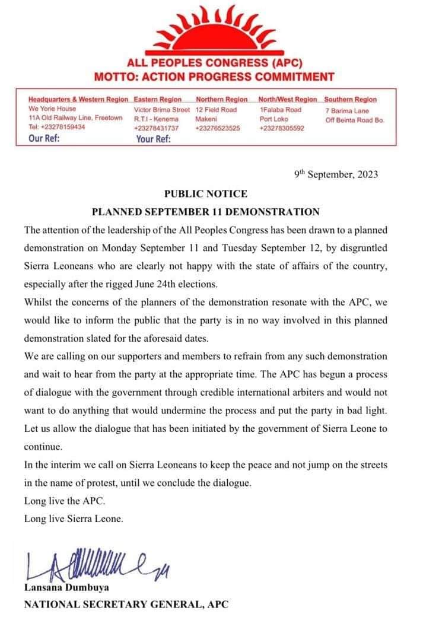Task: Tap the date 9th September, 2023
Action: tap(336, 174)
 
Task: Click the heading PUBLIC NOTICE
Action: tap(205, 193)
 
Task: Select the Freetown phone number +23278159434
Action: tap(56, 127)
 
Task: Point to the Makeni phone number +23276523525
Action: tap(218, 127)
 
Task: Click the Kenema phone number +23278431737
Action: tap(156, 127)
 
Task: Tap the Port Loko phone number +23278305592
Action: tap(282, 127)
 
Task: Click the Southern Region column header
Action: tap(350, 100)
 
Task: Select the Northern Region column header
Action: tap(221, 100)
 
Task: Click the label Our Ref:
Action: tap(44, 139)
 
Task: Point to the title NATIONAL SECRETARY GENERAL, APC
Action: tap(125, 605)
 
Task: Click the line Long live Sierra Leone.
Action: tap(74, 519)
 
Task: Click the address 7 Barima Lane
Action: tap(347, 111)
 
